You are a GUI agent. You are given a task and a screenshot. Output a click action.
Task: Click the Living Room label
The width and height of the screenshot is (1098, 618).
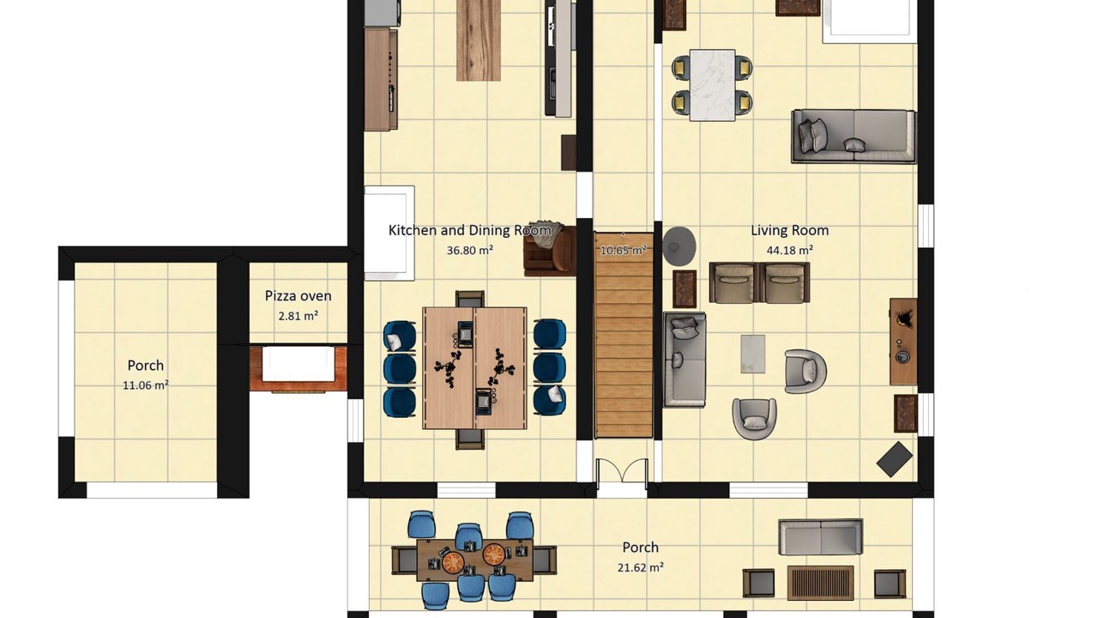click(x=790, y=230)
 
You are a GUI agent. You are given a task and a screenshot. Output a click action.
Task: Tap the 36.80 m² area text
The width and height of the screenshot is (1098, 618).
click(x=469, y=250)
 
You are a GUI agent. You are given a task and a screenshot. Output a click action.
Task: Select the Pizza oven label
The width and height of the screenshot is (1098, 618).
click(x=298, y=296)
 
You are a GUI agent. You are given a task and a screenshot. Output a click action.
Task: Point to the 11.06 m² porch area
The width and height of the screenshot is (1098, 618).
click(x=146, y=385)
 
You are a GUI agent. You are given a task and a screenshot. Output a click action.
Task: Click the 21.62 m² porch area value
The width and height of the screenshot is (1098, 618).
click(x=640, y=567)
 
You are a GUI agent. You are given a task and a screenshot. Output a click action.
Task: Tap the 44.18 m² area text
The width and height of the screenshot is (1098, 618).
click(x=790, y=250)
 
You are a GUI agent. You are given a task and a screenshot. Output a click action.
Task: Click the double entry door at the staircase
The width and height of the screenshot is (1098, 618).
click(x=622, y=471)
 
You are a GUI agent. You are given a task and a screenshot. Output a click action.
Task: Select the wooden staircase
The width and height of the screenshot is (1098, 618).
click(x=624, y=336)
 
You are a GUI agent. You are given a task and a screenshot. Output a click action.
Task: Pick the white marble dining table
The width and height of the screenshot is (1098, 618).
click(x=712, y=85)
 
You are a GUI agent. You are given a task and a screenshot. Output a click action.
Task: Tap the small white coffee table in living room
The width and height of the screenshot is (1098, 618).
click(x=753, y=354)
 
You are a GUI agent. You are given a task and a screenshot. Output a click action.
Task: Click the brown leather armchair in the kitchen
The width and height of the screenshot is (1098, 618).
click(x=550, y=250)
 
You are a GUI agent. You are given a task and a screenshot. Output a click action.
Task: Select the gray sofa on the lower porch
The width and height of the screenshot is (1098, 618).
click(x=821, y=537)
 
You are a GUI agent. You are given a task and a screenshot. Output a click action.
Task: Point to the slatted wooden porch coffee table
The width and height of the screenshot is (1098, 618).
click(x=821, y=583)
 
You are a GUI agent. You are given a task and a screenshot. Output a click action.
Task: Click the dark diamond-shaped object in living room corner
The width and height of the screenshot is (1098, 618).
click(x=894, y=459)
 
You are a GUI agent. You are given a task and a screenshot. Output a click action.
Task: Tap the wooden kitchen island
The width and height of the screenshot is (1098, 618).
click(x=479, y=40)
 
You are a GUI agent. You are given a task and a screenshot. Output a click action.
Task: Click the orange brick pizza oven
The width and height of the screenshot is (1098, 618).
click(x=298, y=368)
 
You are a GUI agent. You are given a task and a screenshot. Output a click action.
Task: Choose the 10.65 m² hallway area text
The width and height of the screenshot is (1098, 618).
click(x=623, y=250)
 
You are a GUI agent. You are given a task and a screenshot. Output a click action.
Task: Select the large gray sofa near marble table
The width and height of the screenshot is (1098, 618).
click(x=854, y=136)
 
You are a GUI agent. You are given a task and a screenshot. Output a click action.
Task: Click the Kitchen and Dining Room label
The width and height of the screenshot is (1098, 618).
click(x=469, y=230)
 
